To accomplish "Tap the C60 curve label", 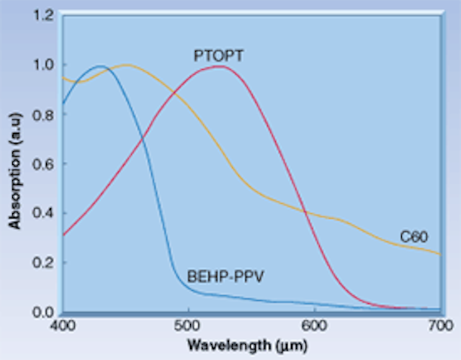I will (x=413, y=236).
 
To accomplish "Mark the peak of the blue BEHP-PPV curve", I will (x=100, y=67).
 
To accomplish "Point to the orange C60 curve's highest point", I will (x=127, y=65).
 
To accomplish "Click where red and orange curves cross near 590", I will (x=305, y=212).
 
